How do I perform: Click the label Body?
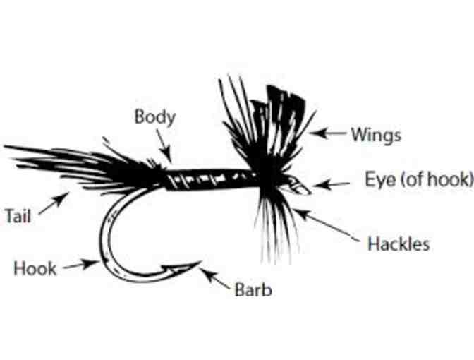[154, 116]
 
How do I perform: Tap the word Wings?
[376, 134]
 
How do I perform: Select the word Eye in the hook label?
[379, 179]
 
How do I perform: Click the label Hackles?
[399, 245]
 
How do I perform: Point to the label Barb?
[253, 289]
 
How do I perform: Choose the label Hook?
[35, 268]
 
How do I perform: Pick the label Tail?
[18, 216]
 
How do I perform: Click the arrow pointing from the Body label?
[164, 148]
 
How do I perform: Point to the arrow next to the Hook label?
[80, 265]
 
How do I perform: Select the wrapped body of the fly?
[208, 180]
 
